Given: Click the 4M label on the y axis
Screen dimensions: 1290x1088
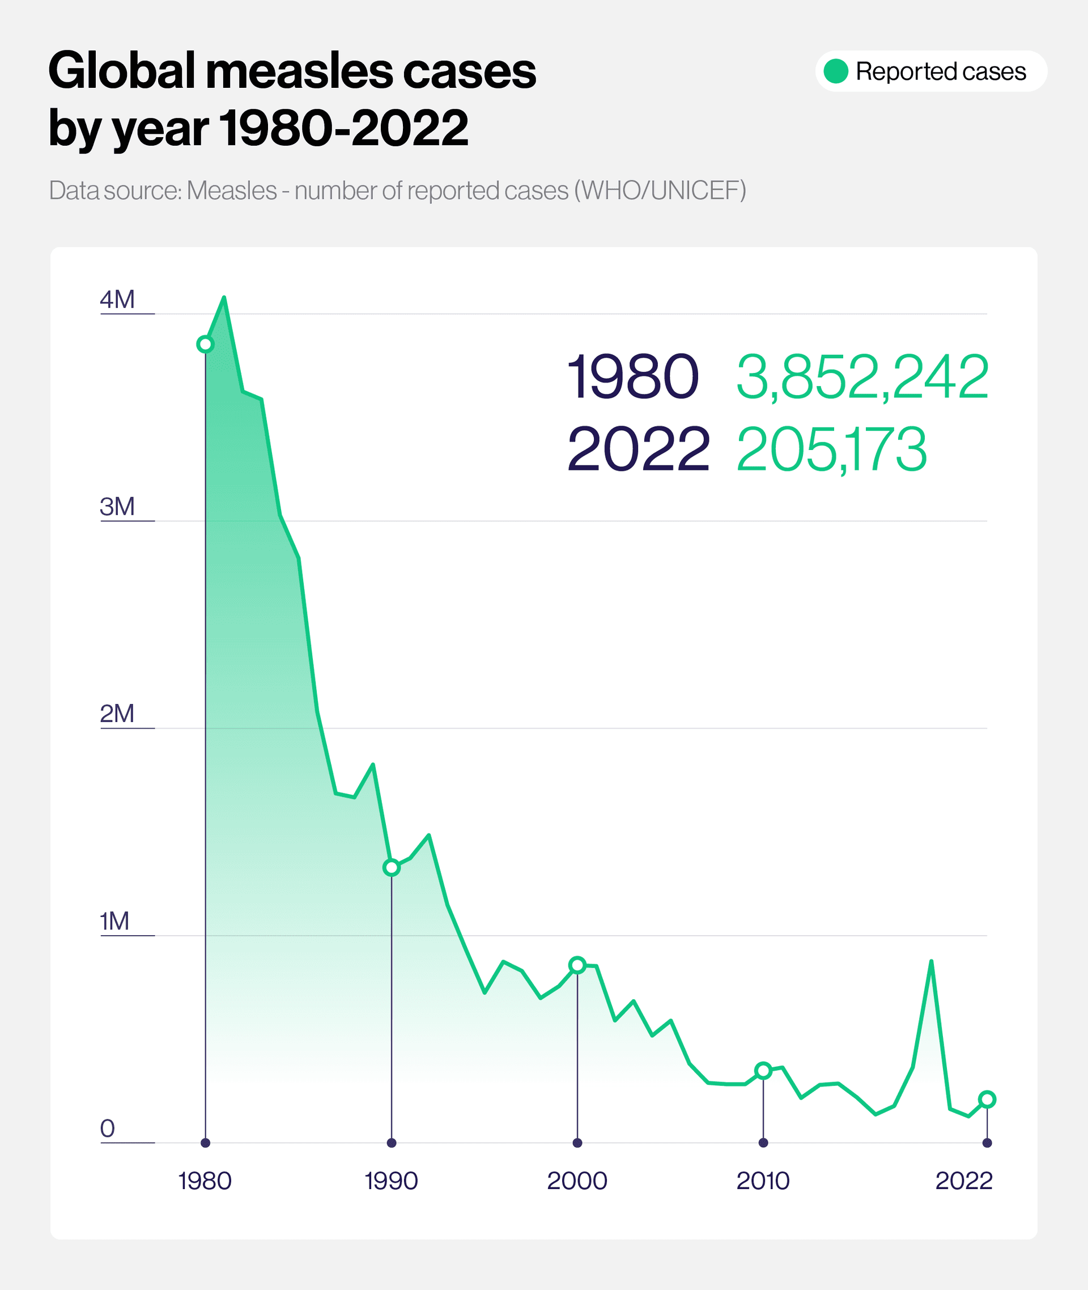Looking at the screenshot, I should (117, 299).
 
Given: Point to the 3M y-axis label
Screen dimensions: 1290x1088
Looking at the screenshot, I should (117, 507).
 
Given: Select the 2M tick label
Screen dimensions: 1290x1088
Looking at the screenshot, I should (117, 713).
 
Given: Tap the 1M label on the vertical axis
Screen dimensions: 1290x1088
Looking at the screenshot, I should (114, 920).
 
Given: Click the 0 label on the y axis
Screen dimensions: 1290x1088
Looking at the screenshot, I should (107, 1128).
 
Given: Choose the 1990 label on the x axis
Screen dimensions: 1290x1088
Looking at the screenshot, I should (391, 1181).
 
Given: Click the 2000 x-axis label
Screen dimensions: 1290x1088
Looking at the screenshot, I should (577, 1181).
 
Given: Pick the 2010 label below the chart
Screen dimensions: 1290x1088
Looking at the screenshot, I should (763, 1181).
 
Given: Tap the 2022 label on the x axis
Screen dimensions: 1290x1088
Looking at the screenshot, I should (963, 1181).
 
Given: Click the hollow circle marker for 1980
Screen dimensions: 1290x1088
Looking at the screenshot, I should (205, 344).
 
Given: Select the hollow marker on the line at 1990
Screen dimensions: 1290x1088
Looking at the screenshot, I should (391, 867).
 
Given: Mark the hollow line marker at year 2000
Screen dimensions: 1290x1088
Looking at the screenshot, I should (577, 965).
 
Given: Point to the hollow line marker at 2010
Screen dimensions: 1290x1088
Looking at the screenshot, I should (763, 1071).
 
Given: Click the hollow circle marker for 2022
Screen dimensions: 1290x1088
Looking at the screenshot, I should (987, 1099).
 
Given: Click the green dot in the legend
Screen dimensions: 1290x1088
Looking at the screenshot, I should (836, 71).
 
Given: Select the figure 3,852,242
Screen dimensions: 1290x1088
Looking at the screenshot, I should (862, 376).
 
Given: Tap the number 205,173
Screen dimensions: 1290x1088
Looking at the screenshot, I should (831, 449).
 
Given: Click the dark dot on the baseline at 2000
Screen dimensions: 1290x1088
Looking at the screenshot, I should (577, 1143).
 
